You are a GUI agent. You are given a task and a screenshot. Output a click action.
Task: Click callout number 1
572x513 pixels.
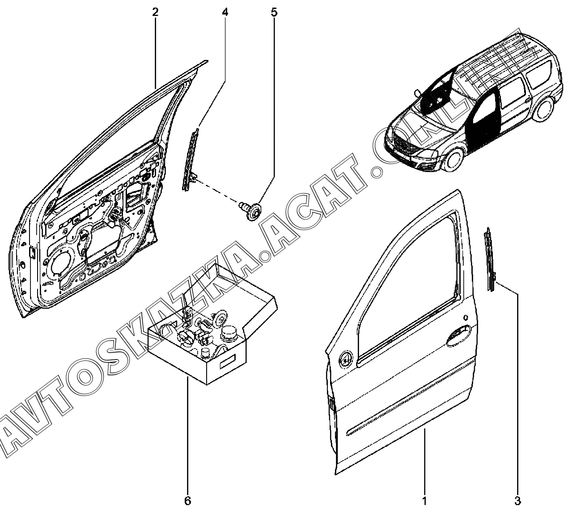(x=424, y=500)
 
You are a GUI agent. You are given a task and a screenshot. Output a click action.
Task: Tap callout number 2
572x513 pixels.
(x=155, y=12)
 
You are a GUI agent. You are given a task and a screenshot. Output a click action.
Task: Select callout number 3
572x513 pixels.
(x=518, y=500)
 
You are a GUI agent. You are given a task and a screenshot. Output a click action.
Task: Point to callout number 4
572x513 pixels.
(x=225, y=12)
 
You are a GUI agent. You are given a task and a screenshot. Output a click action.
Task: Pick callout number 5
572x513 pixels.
(x=274, y=12)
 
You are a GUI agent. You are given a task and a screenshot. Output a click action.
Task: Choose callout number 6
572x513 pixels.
(x=187, y=500)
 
